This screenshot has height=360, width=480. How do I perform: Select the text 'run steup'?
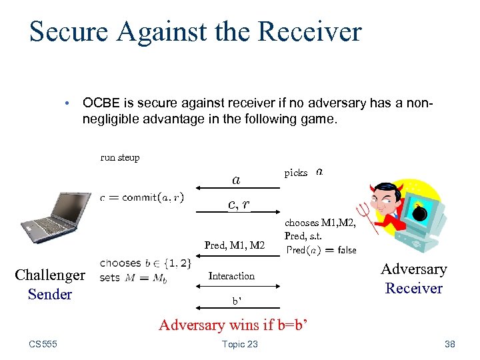pyautogui.click(x=120, y=158)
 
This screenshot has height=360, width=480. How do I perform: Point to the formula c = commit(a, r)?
pyautogui.click(x=142, y=197)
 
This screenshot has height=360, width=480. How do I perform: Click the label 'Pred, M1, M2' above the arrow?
pyautogui.click(x=234, y=245)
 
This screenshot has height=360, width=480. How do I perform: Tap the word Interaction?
pyautogui.click(x=231, y=276)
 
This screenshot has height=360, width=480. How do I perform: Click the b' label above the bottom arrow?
pyautogui.click(x=236, y=301)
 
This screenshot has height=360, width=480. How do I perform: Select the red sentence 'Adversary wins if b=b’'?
pyautogui.click(x=234, y=325)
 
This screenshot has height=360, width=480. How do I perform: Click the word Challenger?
pyautogui.click(x=50, y=275)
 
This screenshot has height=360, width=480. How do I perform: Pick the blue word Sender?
pyautogui.click(x=50, y=294)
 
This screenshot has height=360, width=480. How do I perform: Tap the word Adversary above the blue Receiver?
pyautogui.click(x=413, y=269)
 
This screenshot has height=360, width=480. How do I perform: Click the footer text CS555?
pyautogui.click(x=43, y=344)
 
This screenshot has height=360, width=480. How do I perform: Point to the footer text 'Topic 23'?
pyautogui.click(x=239, y=344)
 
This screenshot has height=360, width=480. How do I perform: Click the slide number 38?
pyautogui.click(x=449, y=344)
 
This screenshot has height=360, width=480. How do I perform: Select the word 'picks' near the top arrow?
pyautogui.click(x=296, y=173)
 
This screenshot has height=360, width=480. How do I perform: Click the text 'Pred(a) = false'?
pyautogui.click(x=321, y=250)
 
